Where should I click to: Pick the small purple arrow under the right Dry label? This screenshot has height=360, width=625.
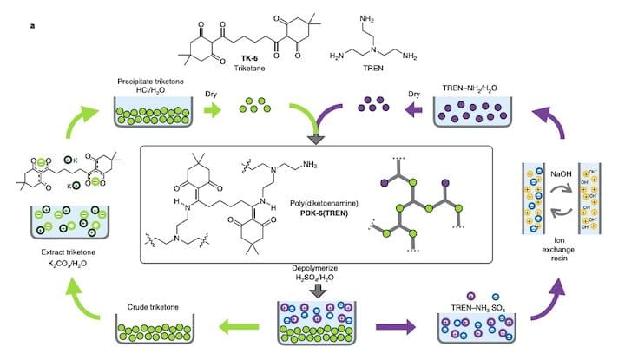coord(414,111)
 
